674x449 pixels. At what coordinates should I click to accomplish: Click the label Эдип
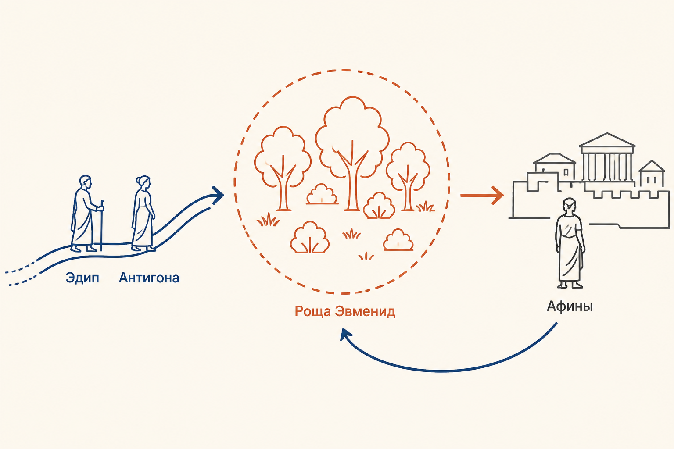coord(82,278)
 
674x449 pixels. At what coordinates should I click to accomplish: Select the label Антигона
coord(149,278)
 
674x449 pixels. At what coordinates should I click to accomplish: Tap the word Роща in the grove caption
coord(313,312)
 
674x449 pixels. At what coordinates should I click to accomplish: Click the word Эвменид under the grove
coord(365,311)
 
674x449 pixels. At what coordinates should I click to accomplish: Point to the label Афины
coord(570,306)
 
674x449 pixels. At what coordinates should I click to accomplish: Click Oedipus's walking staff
coord(102,225)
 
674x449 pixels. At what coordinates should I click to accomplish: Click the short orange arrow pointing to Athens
coord(482,196)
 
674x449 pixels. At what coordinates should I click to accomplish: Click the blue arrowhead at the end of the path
coord(218,195)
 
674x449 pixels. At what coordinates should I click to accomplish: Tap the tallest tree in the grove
coord(352,153)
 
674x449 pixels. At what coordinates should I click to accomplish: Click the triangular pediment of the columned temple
coord(607,140)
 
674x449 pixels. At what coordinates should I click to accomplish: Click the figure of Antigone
coord(143,213)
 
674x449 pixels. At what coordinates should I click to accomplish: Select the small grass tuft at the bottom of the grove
coord(366,256)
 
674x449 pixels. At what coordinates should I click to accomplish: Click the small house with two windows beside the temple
coord(652,174)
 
